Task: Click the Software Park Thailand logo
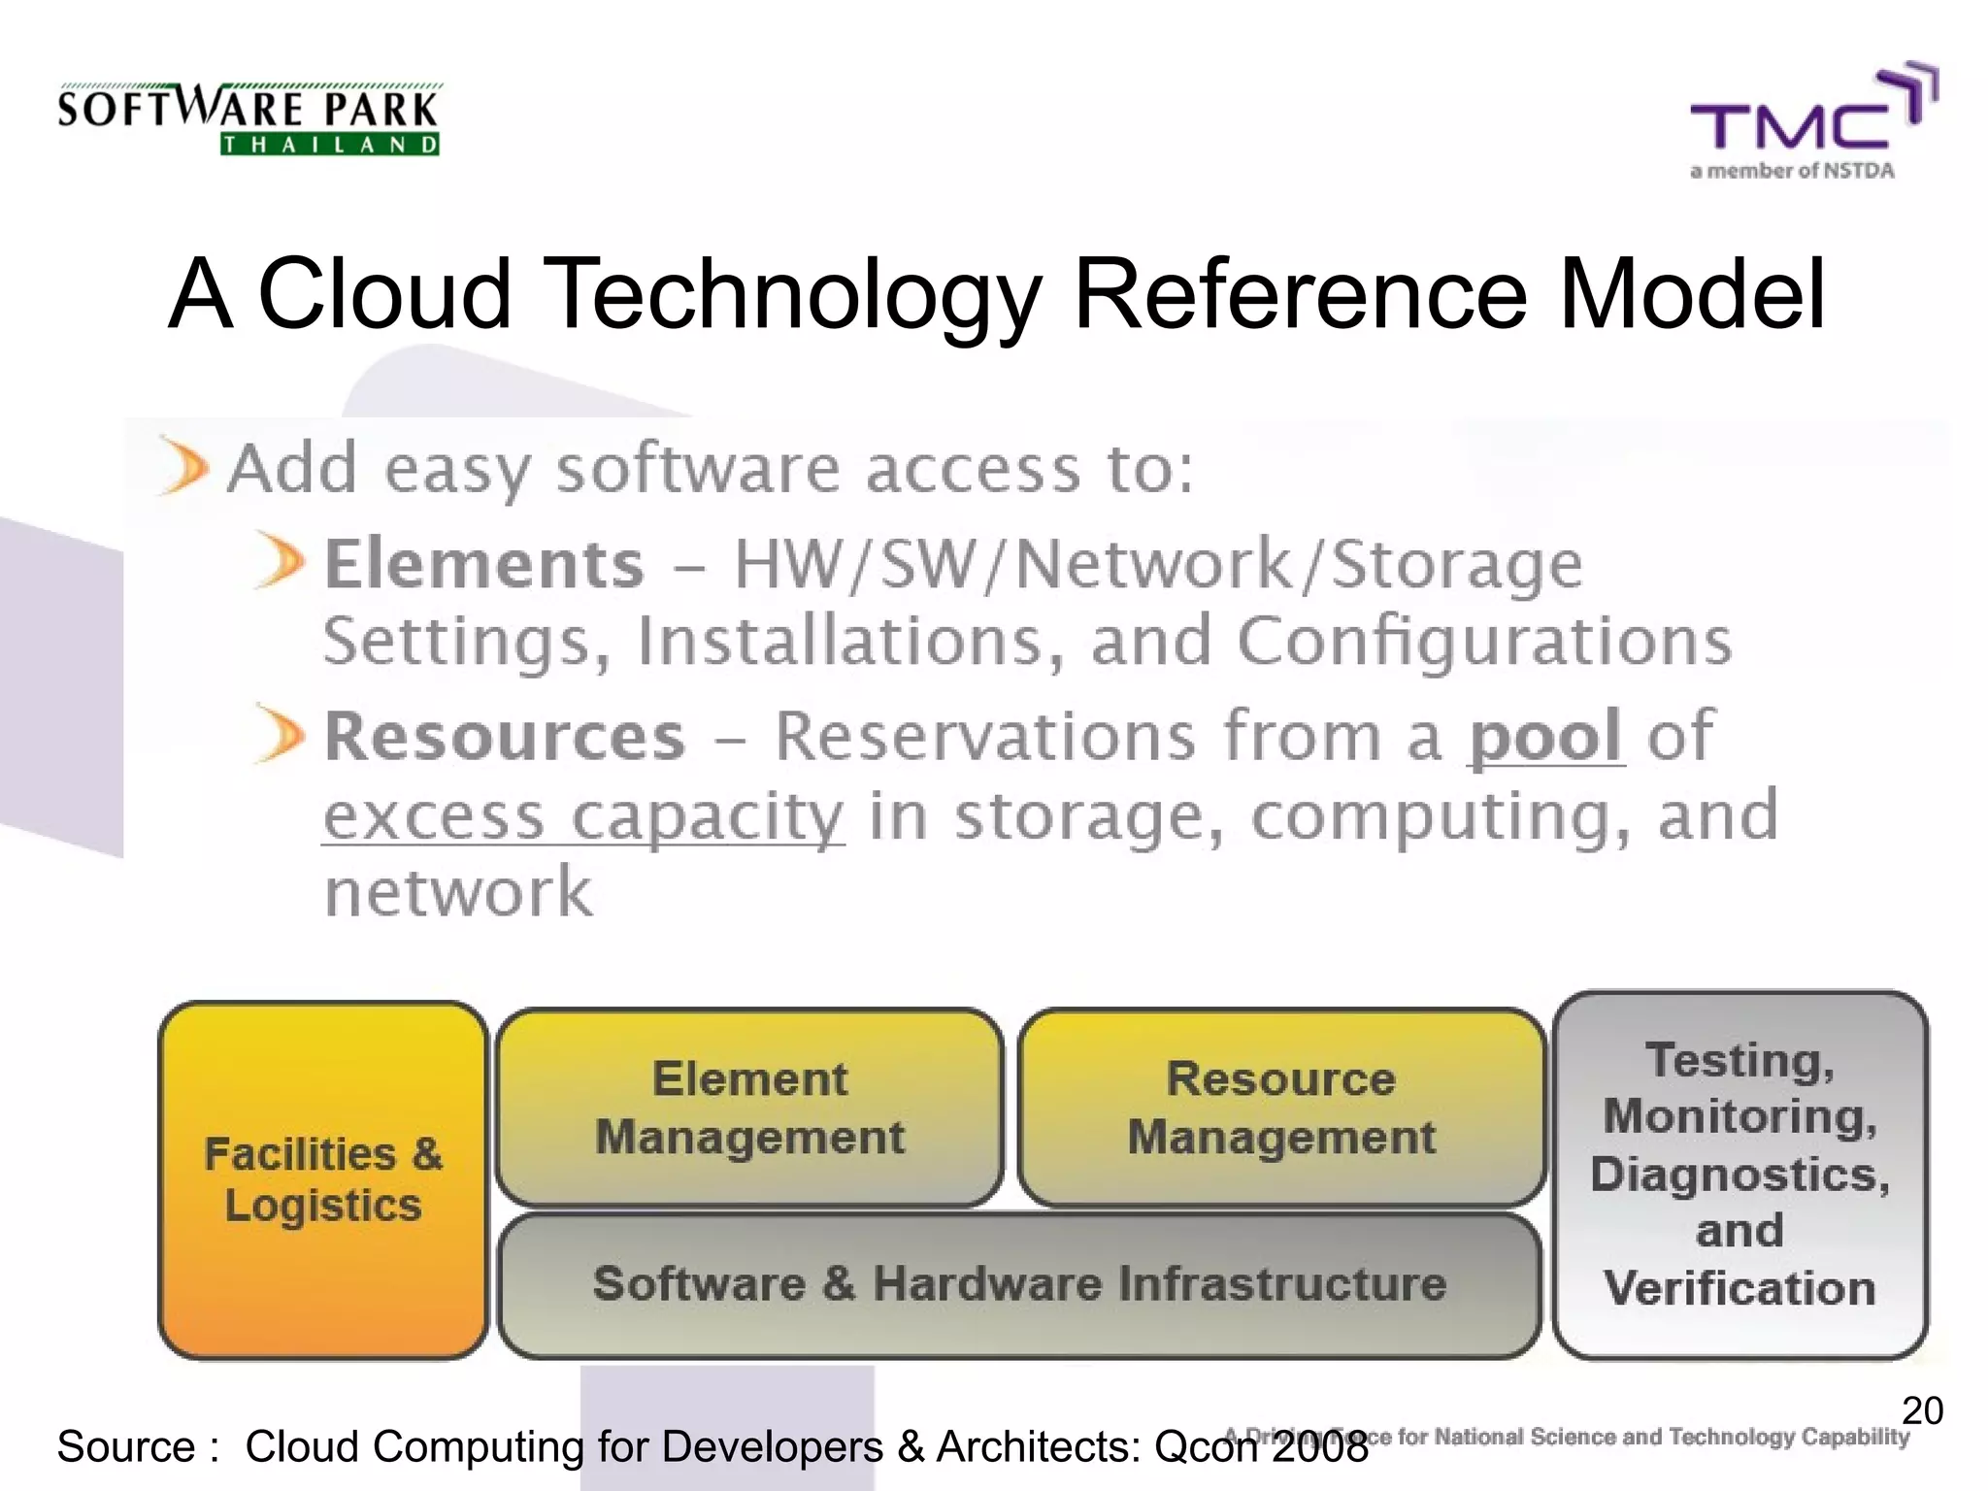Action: tap(248, 119)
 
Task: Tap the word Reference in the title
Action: tap(1302, 293)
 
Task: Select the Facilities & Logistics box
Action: tap(323, 1179)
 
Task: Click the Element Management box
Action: tap(749, 1108)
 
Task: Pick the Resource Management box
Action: tap(1280, 1108)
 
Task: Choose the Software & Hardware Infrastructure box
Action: tap(1019, 1284)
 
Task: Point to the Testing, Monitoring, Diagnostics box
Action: tap(1739, 1175)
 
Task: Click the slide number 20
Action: tap(1922, 1410)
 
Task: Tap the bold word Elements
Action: tap(483, 564)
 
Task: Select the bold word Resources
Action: tap(505, 737)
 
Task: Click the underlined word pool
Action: tap(1545, 737)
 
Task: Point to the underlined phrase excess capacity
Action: tap(583, 816)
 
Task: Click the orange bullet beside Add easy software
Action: tap(183, 467)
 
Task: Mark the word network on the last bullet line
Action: tap(457, 893)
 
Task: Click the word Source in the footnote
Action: tap(126, 1446)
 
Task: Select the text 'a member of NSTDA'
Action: tap(1792, 171)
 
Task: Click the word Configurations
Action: tap(1484, 642)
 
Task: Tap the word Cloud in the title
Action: tap(384, 293)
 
